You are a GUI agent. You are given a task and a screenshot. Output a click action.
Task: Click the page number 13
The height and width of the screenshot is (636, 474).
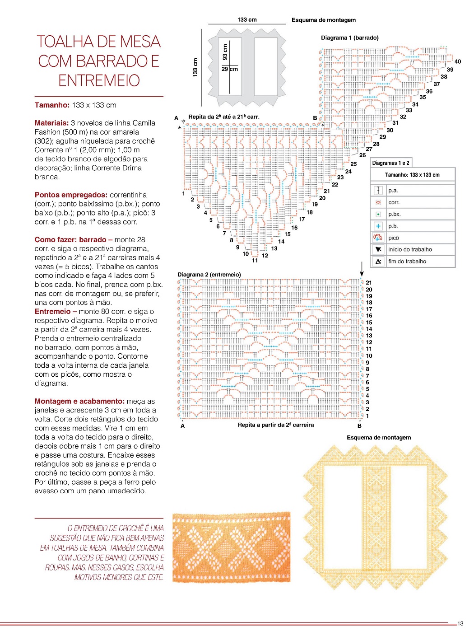[x=460, y=623]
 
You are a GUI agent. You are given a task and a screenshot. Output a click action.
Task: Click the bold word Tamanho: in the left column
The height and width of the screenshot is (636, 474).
[x=52, y=105]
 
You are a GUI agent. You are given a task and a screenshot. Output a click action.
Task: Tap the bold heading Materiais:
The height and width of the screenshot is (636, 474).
[x=51, y=123]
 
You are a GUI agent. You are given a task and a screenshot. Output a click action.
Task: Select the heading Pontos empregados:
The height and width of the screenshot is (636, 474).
[x=71, y=195]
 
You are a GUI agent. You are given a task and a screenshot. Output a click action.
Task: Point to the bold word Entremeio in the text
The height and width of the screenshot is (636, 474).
[x=52, y=312]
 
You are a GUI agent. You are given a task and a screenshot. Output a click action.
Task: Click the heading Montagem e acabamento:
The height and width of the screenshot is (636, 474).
[x=79, y=401]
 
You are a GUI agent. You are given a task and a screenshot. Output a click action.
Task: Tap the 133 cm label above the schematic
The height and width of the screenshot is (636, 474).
[x=247, y=20]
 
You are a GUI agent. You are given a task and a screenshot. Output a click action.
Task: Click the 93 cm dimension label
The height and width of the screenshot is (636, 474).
[x=225, y=51]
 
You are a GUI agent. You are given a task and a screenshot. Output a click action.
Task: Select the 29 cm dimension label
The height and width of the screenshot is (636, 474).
[x=229, y=69]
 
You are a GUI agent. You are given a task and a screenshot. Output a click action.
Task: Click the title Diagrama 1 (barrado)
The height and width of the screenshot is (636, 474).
[x=349, y=38]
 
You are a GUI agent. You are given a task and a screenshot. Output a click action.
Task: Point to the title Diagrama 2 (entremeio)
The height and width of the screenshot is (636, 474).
[x=209, y=275]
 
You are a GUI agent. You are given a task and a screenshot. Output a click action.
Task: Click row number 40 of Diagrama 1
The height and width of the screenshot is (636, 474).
[x=458, y=62]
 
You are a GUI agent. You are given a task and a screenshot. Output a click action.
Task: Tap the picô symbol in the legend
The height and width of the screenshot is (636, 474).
[x=378, y=238]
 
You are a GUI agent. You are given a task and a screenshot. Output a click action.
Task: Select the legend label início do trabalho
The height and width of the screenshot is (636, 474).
[x=410, y=249]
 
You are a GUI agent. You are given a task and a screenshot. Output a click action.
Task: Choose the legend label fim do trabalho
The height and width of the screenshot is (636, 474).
[x=407, y=261]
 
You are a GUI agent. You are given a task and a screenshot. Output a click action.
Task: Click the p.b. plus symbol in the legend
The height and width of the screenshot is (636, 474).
[x=378, y=226]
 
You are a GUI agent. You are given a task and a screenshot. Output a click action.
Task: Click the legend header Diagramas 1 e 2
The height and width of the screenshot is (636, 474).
[x=390, y=163]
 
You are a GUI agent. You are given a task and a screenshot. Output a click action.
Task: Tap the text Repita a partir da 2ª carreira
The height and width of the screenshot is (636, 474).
[x=275, y=425]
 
